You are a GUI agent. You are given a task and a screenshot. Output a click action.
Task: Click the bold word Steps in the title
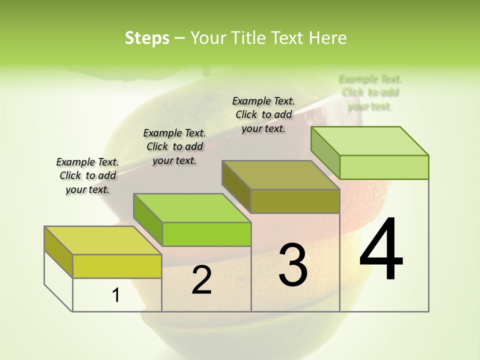tap(147, 38)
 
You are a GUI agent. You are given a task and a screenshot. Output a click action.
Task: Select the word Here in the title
tap(328, 38)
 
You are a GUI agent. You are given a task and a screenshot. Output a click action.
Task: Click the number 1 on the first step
tap(116, 295)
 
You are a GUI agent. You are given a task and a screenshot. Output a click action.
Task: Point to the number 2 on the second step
tap(201, 280)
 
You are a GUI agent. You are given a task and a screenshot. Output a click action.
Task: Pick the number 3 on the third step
tap(293, 265)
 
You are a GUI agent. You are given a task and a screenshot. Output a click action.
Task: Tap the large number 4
tap(381, 249)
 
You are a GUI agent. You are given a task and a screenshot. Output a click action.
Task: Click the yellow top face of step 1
tap(102, 240)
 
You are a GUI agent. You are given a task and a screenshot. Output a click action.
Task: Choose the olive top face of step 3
tap(280, 175)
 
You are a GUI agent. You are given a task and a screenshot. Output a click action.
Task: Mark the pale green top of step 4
tap(369, 141)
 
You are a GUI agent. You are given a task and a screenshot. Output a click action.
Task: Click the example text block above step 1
tap(87, 175)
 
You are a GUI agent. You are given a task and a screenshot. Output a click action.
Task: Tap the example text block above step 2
tap(174, 146)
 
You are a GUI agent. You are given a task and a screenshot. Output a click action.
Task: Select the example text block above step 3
tap(263, 114)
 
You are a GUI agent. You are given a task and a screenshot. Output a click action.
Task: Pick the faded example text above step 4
tap(370, 92)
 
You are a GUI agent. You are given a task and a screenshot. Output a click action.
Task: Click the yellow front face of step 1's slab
tap(117, 266)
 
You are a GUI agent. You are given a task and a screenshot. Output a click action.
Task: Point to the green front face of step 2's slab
tap(206, 234)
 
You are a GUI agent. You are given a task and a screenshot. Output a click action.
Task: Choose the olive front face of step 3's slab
tap(295, 201)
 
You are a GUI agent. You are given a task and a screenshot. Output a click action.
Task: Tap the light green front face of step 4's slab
tap(384, 167)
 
